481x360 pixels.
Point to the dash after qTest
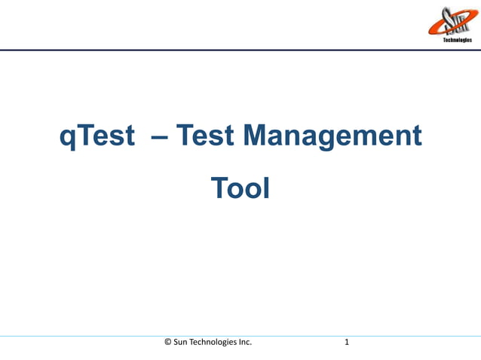coord(159,138)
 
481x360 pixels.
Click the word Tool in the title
coord(240,188)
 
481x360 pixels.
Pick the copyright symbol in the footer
coord(167,343)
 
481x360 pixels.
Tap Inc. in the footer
coord(245,343)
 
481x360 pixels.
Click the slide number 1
coord(346,343)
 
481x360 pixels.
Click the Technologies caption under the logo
coord(457,40)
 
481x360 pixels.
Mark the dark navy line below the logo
coord(240,50)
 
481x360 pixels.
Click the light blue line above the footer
coord(240,336)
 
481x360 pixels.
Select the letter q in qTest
coord(67,139)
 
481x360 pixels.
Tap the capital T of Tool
coord(218,188)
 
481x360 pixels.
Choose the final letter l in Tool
coord(265,188)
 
